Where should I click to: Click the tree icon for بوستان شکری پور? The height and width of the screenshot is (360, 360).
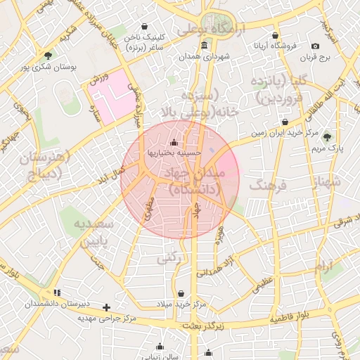click(48, 56)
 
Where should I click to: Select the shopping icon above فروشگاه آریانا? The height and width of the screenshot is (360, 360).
click(275, 35)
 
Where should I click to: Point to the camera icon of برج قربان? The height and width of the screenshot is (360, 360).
click(315, 46)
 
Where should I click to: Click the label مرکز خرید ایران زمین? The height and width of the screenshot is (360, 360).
click(285, 132)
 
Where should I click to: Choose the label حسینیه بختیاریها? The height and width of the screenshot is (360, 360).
click(174, 151)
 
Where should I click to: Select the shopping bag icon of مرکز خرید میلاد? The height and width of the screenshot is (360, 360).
click(181, 293)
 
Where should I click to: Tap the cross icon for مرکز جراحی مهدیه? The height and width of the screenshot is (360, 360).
click(106, 307)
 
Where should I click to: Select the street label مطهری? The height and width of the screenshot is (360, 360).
click(149, 209)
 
